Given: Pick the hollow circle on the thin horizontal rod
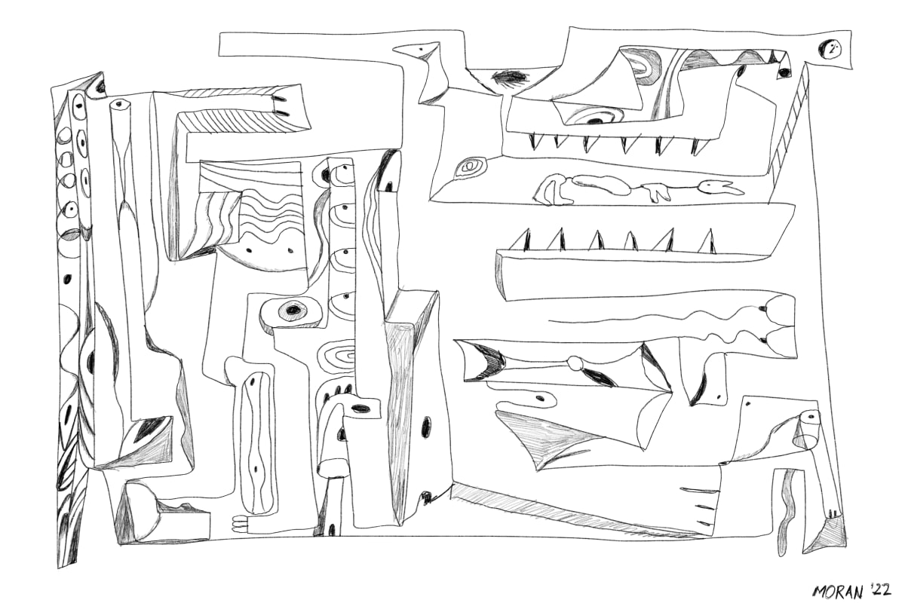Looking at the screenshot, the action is click(575, 363).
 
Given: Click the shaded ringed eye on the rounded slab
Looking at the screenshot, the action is click(292, 311).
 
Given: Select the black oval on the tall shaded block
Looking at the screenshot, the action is click(426, 427).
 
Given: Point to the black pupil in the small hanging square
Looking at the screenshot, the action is click(784, 72).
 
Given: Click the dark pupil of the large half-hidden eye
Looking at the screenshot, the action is click(90, 360).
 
